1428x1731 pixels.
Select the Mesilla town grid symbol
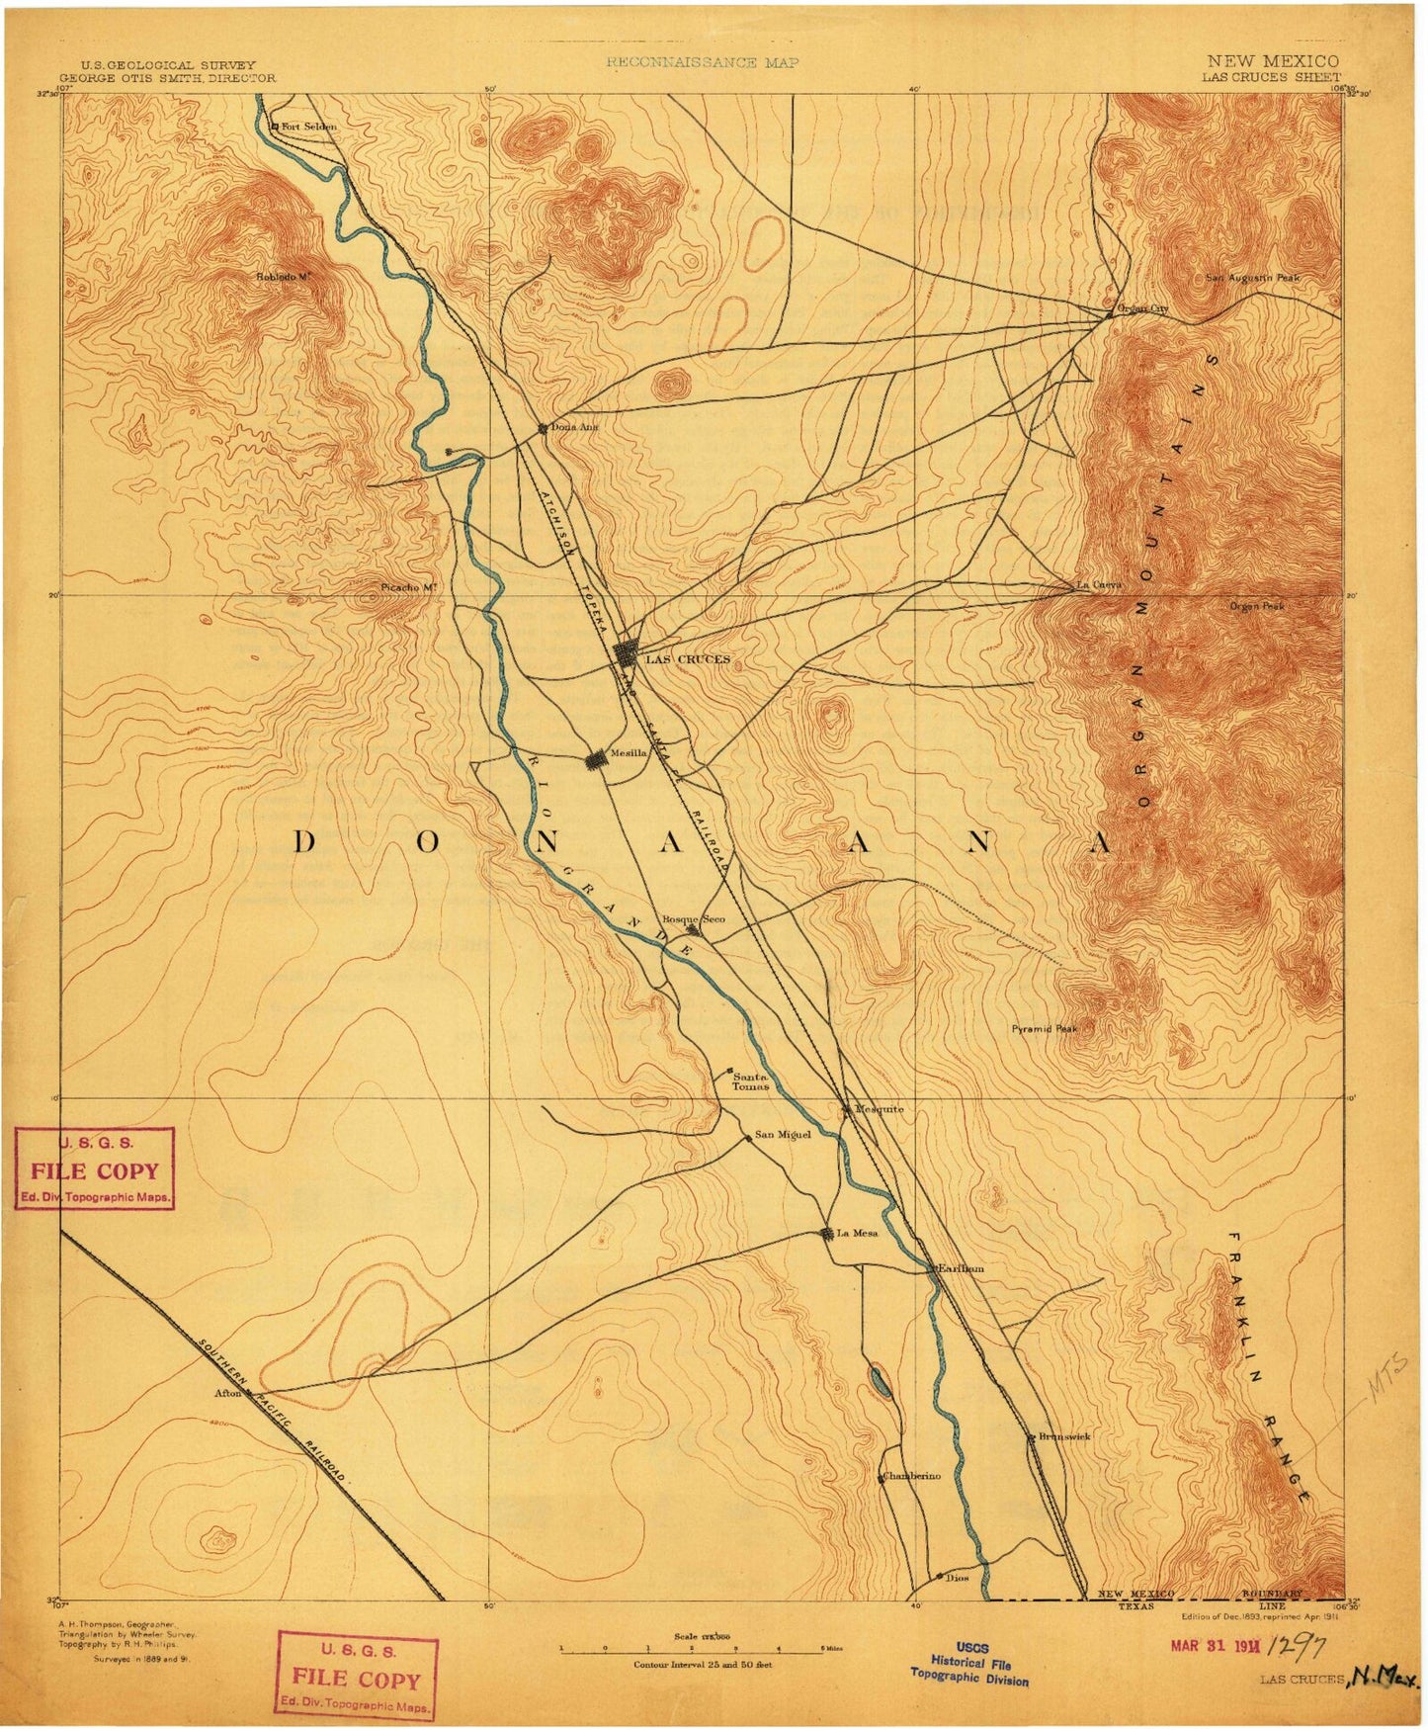coord(596,760)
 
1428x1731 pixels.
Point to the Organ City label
coord(1141,309)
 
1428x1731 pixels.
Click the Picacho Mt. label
coord(408,587)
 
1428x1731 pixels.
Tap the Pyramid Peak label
coord(1044,1028)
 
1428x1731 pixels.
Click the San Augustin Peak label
coord(1251,279)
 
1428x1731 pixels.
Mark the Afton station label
coord(227,1394)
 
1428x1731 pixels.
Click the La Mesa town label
coord(857,1233)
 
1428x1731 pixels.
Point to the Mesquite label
coord(879,1109)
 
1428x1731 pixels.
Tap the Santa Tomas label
coord(748,1080)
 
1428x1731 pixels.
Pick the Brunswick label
coord(1063,1436)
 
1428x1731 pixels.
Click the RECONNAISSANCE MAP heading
coord(703,62)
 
